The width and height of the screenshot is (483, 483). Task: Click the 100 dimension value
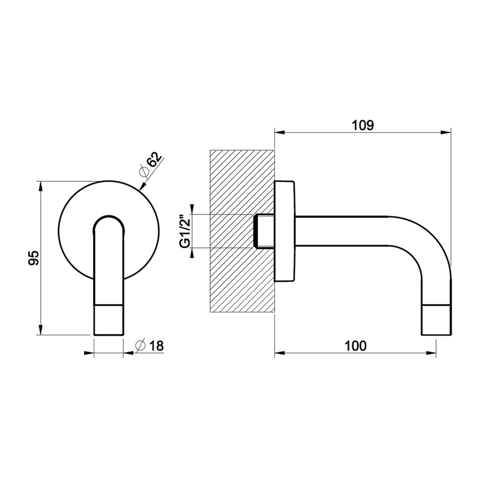pyautogui.click(x=355, y=345)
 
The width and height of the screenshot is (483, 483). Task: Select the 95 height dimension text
pyautogui.click(x=32, y=259)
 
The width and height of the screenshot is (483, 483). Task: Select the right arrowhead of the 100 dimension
pyautogui.click(x=432, y=354)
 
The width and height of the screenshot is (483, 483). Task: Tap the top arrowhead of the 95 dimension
pyautogui.click(x=40, y=185)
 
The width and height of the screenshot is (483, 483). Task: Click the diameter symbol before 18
pyautogui.click(x=141, y=345)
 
